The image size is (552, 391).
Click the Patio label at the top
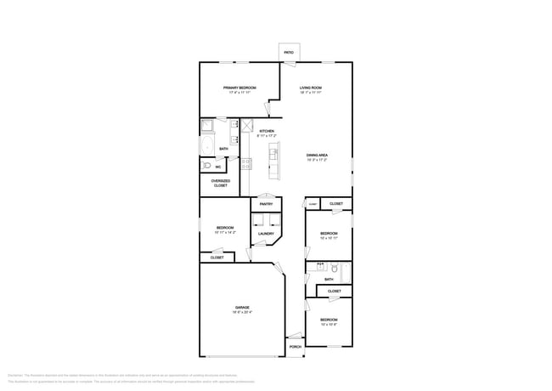click(x=289, y=53)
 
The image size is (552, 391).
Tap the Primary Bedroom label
click(x=239, y=88)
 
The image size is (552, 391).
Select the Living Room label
click(x=310, y=88)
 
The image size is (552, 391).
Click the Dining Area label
click(x=317, y=155)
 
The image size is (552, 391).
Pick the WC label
click(x=218, y=167)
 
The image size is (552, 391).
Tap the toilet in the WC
click(x=206, y=166)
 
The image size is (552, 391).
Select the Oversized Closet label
click(x=220, y=183)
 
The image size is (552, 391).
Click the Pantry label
click(x=266, y=204)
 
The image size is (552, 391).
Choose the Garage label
click(x=242, y=307)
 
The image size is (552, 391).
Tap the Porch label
click(x=295, y=347)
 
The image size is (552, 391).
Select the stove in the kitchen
click(x=245, y=163)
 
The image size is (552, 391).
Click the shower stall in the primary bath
click(x=207, y=126)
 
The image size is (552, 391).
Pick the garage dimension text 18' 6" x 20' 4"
click(x=242, y=313)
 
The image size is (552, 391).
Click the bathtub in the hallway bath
click(x=343, y=272)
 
